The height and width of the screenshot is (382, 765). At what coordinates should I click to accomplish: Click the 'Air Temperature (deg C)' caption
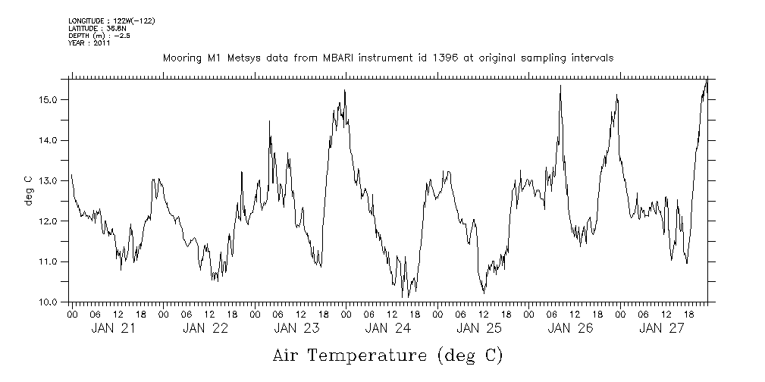[x=387, y=355]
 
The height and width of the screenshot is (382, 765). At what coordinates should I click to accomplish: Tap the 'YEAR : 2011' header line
[x=89, y=43]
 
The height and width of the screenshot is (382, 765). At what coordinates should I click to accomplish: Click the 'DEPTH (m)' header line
[x=99, y=36]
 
